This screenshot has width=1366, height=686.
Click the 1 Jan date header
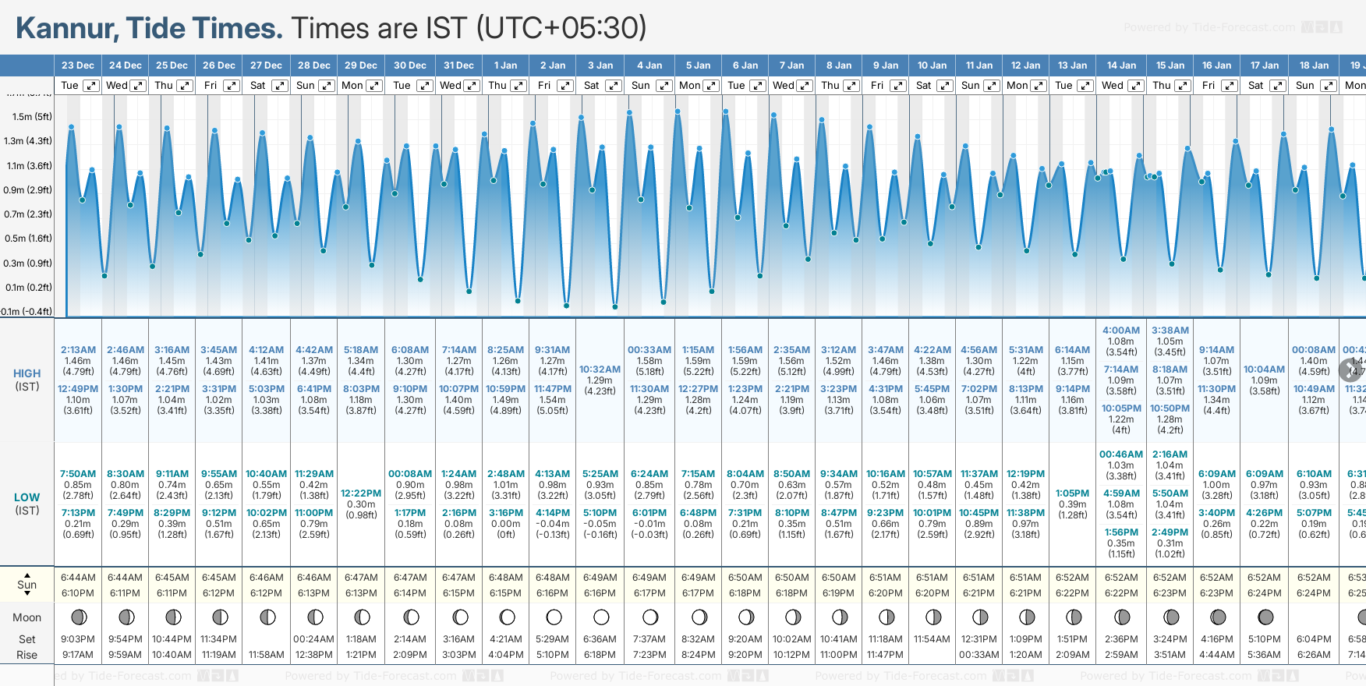pyautogui.click(x=505, y=65)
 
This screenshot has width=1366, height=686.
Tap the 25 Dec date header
pyautogui.click(x=172, y=65)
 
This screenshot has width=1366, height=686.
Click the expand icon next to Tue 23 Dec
pyautogui.click(x=91, y=86)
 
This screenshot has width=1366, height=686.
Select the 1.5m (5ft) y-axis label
pyautogui.click(x=32, y=117)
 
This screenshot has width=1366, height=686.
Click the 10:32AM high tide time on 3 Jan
pyautogui.click(x=600, y=370)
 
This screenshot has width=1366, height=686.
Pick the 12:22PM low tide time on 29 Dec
pyautogui.click(x=361, y=493)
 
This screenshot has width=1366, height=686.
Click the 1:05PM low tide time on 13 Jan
pyautogui.click(x=1072, y=493)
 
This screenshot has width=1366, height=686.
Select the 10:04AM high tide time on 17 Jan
pyautogui.click(x=1264, y=370)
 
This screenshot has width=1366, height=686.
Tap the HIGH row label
pyautogui.click(x=27, y=373)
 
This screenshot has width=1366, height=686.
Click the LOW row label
pyautogui.click(x=27, y=497)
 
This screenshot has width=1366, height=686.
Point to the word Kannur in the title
pyautogui.click(x=67, y=29)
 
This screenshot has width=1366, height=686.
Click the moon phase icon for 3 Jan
pyautogui.click(x=600, y=617)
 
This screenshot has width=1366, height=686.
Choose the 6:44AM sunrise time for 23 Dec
pyautogui.click(x=78, y=578)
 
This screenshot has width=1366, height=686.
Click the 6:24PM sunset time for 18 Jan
pyautogui.click(x=1313, y=593)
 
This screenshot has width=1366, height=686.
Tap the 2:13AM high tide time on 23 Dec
pyautogui.click(x=78, y=350)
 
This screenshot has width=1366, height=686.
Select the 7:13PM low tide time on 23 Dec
pyautogui.click(x=78, y=513)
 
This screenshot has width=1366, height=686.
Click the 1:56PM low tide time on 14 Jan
pyautogui.click(x=1120, y=532)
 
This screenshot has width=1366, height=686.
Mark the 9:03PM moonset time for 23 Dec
pyautogui.click(x=78, y=639)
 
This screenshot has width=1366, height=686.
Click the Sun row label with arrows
pyautogui.click(x=27, y=585)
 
